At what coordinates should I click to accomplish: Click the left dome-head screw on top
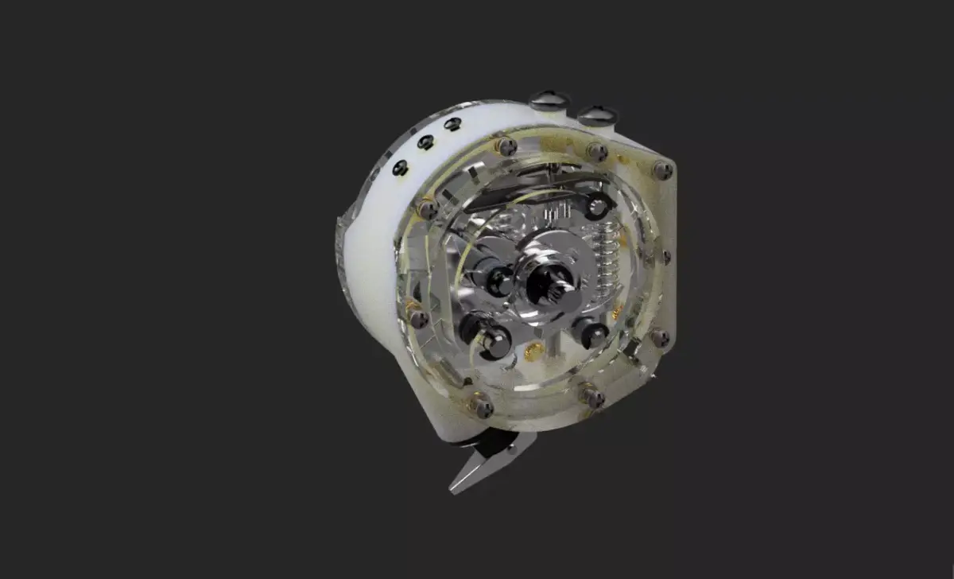coord(549,100)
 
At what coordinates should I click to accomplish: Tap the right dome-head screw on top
coord(597,115)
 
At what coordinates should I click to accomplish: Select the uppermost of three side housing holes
coord(453,124)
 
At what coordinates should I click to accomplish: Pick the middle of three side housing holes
coord(426,142)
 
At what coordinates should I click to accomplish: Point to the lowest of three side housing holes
coord(401,168)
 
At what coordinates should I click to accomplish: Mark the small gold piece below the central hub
coord(535,351)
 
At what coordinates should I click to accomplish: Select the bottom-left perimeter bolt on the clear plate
coord(480,405)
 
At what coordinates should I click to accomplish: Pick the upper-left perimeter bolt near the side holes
coord(427,209)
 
